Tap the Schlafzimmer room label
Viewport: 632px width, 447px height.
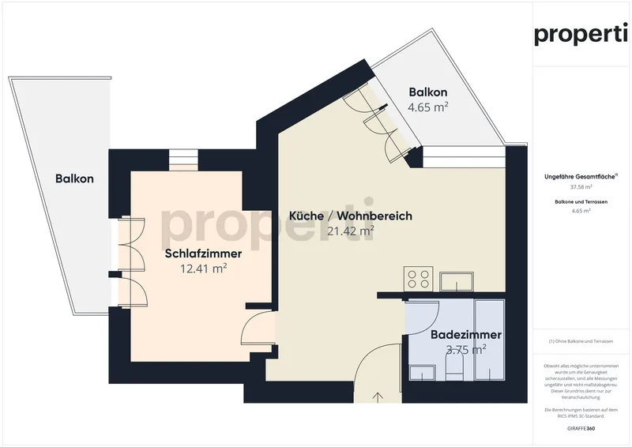[203, 254]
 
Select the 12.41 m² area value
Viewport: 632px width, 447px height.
[204, 269]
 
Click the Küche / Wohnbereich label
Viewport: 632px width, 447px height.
[351, 216]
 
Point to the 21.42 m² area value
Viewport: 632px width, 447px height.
[351, 231]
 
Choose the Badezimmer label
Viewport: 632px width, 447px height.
[465, 335]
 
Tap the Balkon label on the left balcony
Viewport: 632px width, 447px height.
[74, 178]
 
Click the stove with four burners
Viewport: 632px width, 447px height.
[417, 279]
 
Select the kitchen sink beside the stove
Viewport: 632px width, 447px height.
[457, 280]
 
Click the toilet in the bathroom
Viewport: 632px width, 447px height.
[453, 366]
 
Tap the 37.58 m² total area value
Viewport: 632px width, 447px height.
[581, 187]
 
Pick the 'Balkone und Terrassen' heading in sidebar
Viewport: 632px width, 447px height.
[581, 202]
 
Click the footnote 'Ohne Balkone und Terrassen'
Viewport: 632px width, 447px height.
[581, 341]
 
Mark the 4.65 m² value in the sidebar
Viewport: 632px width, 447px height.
[581, 212]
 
